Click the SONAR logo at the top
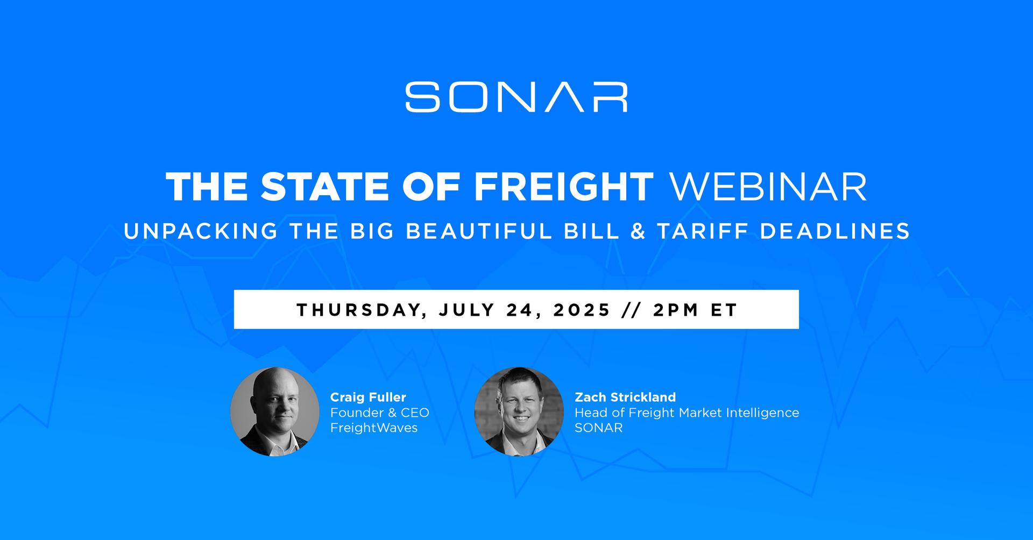(x=516, y=97)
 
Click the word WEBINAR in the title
(x=767, y=187)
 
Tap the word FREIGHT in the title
(x=563, y=187)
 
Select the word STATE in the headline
(x=324, y=187)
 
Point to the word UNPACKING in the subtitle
(x=201, y=231)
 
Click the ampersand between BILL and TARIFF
(x=638, y=231)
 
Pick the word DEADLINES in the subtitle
(x=835, y=231)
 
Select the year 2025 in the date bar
(x=582, y=310)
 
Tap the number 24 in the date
(x=524, y=310)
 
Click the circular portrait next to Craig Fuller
(x=275, y=412)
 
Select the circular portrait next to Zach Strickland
(x=519, y=412)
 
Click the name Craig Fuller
(x=368, y=397)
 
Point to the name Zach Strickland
(x=625, y=397)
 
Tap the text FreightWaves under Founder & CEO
(x=374, y=428)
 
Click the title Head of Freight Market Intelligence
(x=687, y=413)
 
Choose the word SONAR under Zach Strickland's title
(x=599, y=428)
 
